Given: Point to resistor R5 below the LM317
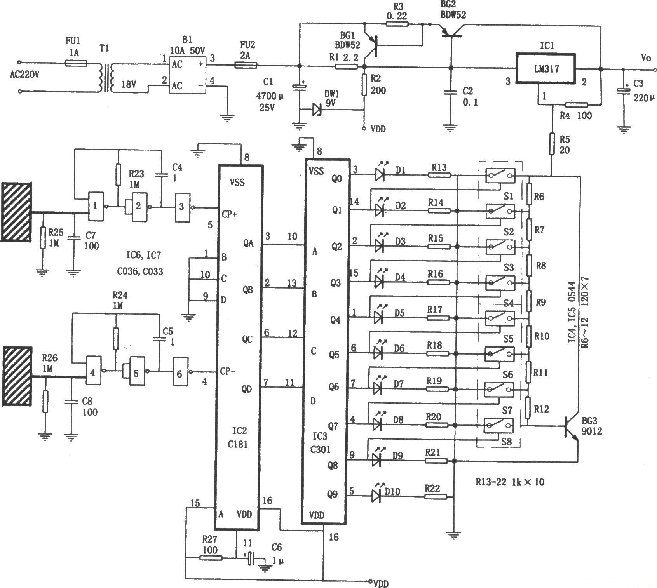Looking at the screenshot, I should (x=552, y=144).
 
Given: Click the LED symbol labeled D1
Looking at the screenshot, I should (x=380, y=175).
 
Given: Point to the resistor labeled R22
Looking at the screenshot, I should (x=436, y=496).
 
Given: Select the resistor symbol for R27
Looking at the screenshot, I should (x=211, y=558).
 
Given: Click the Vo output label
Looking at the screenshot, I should (x=646, y=58).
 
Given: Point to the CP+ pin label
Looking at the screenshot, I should (x=229, y=214).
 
